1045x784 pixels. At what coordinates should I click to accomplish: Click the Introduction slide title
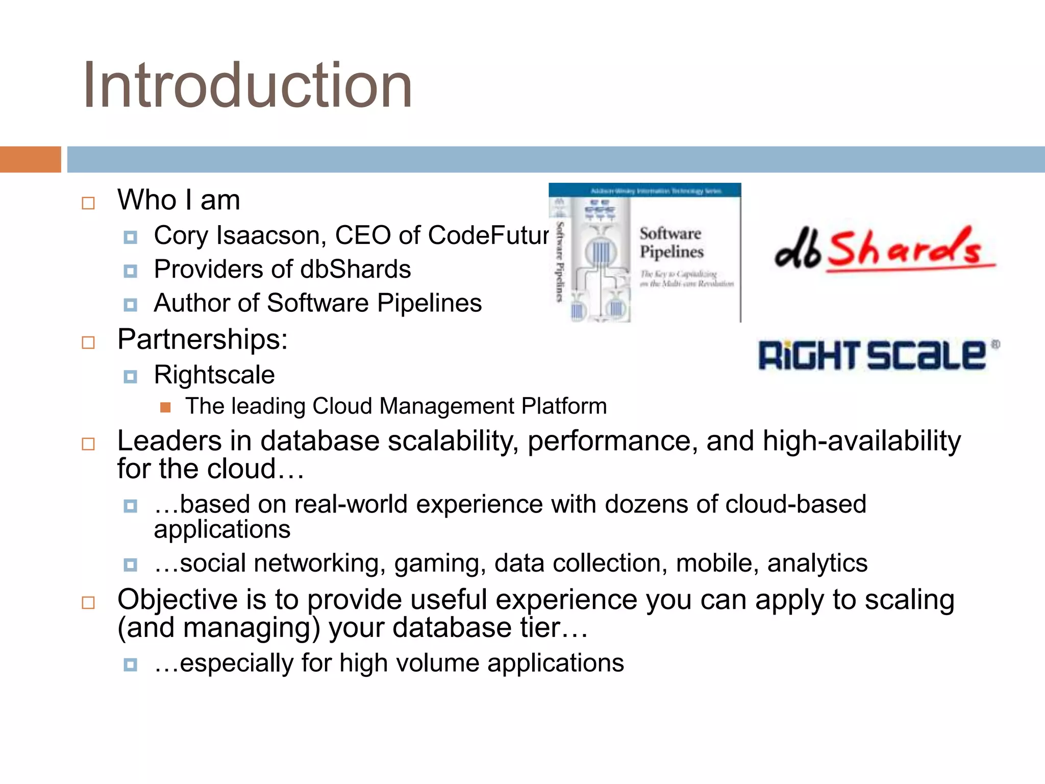(247, 85)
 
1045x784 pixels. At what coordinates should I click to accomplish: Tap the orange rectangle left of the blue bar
(30, 159)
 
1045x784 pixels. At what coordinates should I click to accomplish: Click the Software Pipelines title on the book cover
(671, 243)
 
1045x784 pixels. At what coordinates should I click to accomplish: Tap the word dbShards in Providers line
(355, 269)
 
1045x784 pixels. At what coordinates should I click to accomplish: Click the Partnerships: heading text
(203, 339)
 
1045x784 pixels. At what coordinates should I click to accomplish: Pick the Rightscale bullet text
(214, 375)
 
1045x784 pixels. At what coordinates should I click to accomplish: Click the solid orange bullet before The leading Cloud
(165, 407)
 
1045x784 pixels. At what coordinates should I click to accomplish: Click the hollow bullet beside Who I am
(88, 203)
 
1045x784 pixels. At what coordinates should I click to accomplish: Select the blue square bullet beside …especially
(131, 665)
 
